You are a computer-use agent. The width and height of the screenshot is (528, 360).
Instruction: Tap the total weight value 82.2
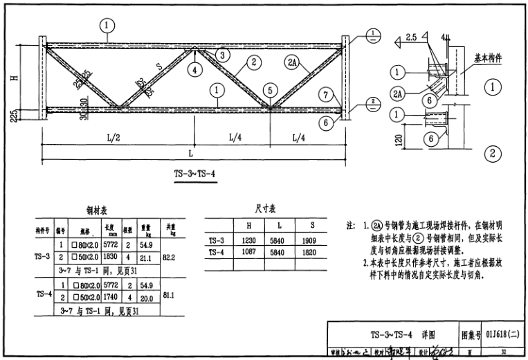170,257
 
